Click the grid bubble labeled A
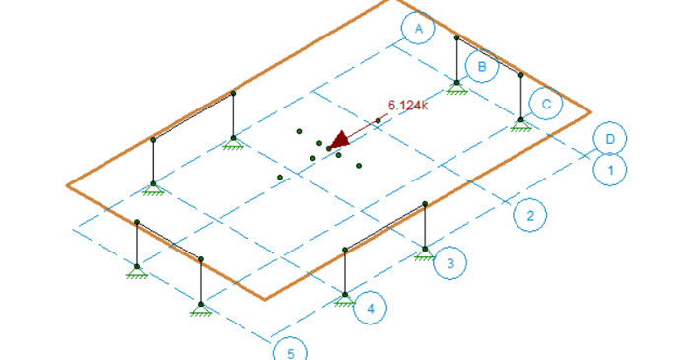pyautogui.click(x=418, y=30)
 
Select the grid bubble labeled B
pyautogui.click(x=482, y=67)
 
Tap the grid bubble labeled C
pyautogui.click(x=545, y=103)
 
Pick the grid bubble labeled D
pyautogui.click(x=610, y=139)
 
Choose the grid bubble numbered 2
pyautogui.click(x=530, y=216)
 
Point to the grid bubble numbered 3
pyautogui.click(x=449, y=263)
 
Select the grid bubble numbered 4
pyautogui.click(x=370, y=309)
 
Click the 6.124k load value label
pyautogui.click(x=408, y=105)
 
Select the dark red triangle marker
pyautogui.click(x=340, y=141)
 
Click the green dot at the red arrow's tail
pyautogui.click(x=379, y=120)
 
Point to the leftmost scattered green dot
pyautogui.click(x=280, y=178)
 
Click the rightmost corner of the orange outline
pyautogui.click(x=591, y=110)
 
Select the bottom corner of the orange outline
pyautogui.click(x=264, y=298)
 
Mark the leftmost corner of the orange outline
pyautogui.click(x=67, y=184)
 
